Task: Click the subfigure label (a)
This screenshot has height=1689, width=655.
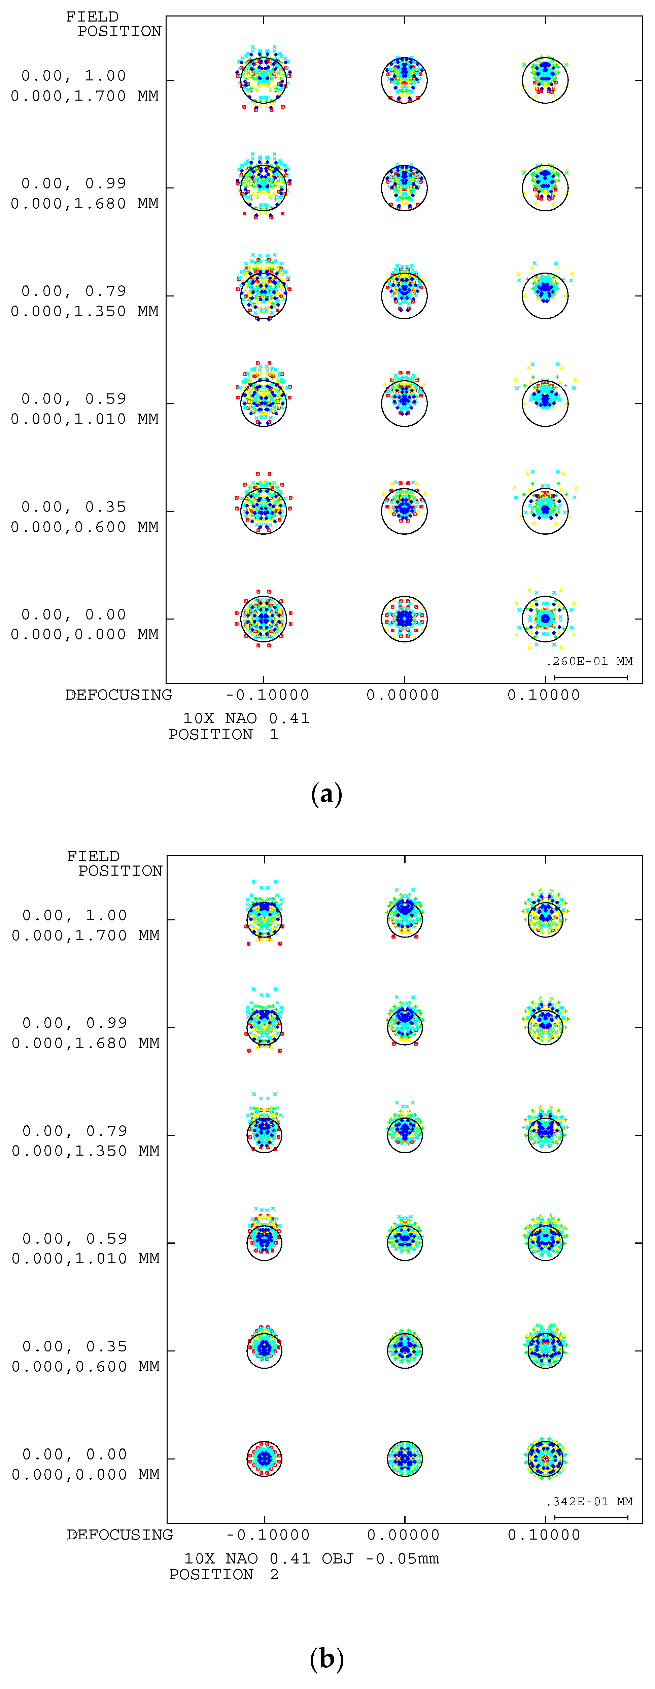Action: [x=326, y=794]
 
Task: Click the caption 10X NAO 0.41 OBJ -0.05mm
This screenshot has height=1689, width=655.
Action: [x=311, y=1558]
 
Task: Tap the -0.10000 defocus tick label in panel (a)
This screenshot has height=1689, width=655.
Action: [x=267, y=695]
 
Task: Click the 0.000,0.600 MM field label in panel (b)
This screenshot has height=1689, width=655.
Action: [x=85, y=1366]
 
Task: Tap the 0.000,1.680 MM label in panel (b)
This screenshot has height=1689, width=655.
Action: [x=85, y=1043]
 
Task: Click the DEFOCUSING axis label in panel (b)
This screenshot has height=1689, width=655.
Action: [x=120, y=1535]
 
